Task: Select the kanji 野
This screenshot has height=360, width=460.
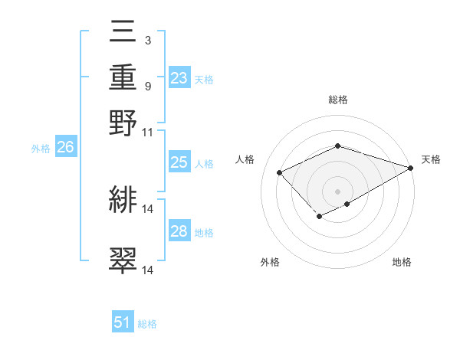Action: [123, 123]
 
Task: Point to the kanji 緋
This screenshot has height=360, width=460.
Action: [123, 200]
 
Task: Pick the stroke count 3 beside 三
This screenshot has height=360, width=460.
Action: [147, 40]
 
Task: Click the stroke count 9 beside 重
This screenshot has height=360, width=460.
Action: [147, 86]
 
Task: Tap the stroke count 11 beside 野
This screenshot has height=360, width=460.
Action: [148, 132]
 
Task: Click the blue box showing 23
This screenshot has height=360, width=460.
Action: [179, 77]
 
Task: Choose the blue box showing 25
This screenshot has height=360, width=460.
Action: [179, 162]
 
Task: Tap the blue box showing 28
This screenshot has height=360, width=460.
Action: [179, 231]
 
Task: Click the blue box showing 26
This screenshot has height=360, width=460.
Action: [65, 148]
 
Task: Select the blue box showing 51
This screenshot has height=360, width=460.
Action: [123, 322]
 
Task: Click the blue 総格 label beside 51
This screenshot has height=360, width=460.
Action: [147, 324]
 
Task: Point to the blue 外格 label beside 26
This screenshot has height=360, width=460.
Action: [41, 149]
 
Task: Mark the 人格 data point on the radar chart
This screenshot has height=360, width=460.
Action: [280, 173]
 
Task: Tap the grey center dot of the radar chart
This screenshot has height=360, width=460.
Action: [337, 191]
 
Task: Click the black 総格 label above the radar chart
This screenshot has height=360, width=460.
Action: [337, 100]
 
